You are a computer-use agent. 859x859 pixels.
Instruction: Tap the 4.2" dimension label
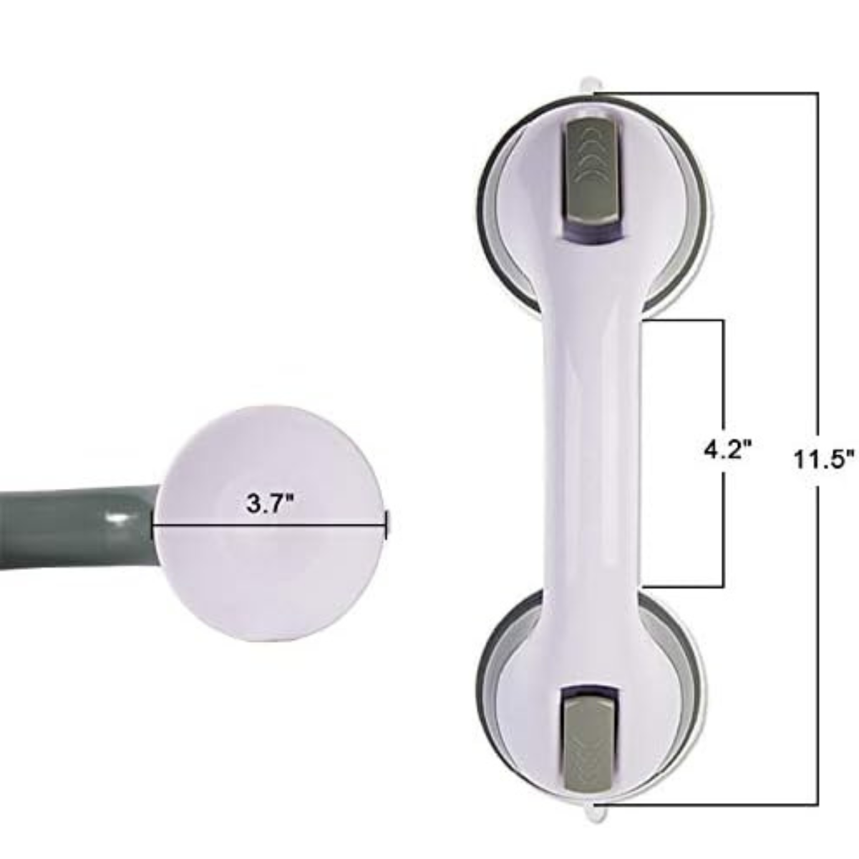click(x=727, y=452)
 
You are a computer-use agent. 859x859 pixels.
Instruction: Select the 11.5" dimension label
click(x=823, y=457)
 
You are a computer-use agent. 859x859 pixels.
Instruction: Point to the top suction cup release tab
click(x=592, y=83)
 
